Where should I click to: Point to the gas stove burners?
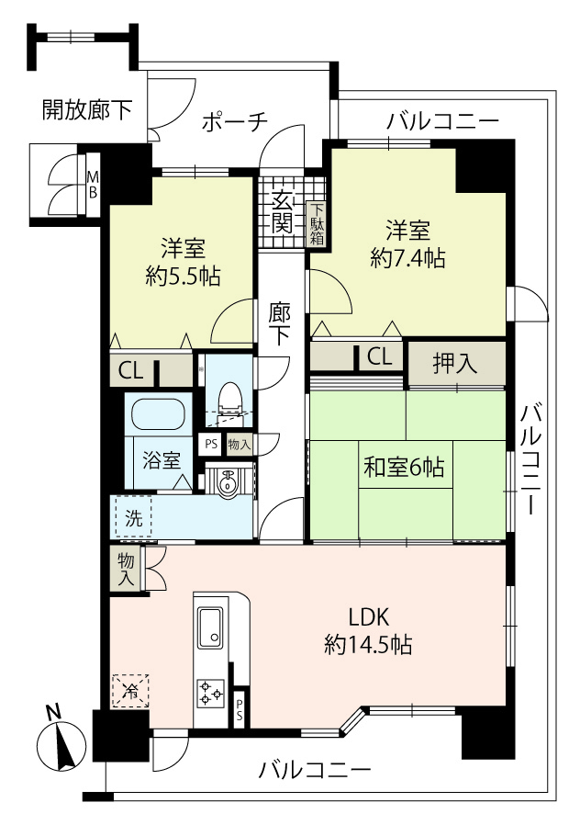coord(211,693)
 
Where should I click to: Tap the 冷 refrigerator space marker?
coord(130,691)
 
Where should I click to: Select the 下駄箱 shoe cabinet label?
coord(317,225)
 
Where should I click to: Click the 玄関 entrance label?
coord(282,214)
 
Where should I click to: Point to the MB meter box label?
coord(93,184)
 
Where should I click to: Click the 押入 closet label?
coord(455,363)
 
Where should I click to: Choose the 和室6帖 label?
coord(404,467)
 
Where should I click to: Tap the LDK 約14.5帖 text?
coord(368,630)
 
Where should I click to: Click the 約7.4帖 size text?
coord(407,258)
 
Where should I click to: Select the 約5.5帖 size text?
coord(183,276)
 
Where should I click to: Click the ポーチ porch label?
coord(235,121)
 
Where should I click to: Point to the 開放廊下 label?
coord(87,110)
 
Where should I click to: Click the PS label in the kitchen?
coord(240,708)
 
